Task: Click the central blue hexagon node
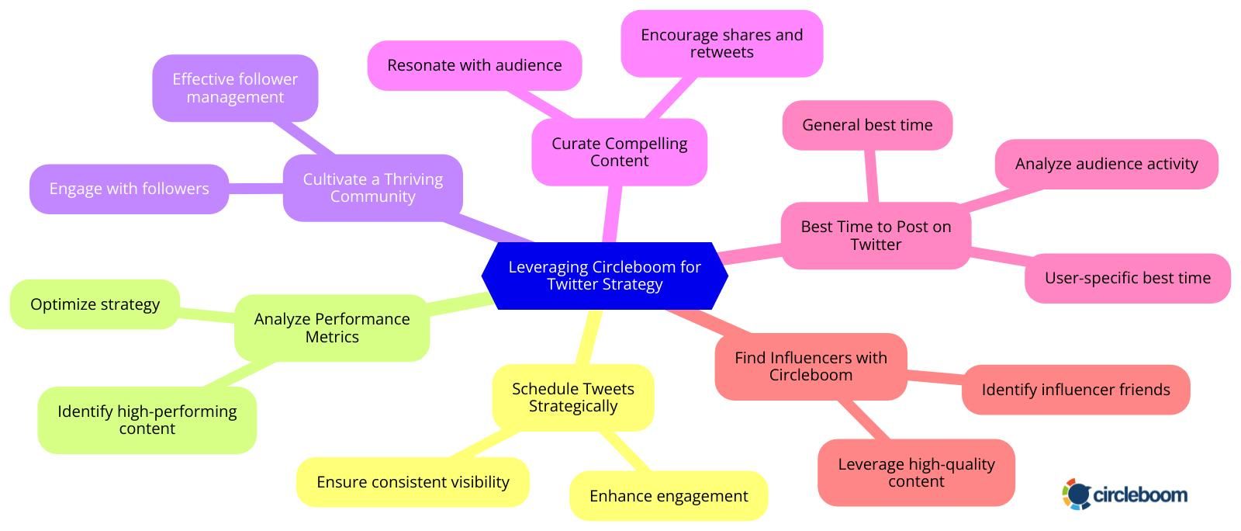[x=604, y=276]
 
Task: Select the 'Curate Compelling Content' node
[x=619, y=152]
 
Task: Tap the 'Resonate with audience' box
[x=474, y=65]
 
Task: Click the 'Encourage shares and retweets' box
[x=721, y=43]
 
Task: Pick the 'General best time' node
[x=867, y=125]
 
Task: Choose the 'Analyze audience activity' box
[x=1106, y=164]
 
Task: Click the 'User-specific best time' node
[x=1127, y=278]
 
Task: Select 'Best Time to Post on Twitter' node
[x=875, y=235]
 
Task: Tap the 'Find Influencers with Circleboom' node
[x=811, y=366]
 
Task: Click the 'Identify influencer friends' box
[x=1075, y=390]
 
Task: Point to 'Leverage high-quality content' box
[x=916, y=473]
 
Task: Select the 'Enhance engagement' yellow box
[x=668, y=496]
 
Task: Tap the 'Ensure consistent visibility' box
[x=413, y=482]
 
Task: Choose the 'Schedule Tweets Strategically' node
[x=573, y=397]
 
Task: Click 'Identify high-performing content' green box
[x=147, y=420]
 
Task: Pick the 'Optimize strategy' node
[x=95, y=304]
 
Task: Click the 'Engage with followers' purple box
[x=129, y=189]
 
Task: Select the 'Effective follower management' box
[x=235, y=88]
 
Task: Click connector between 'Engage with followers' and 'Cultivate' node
[x=256, y=188]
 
